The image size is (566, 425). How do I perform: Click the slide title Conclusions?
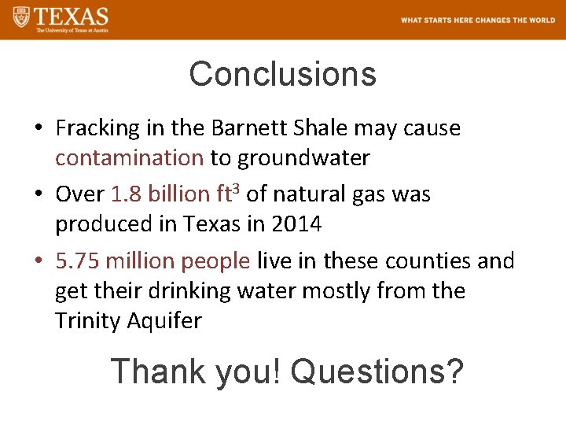(x=282, y=75)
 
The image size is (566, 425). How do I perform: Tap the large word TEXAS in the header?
(x=72, y=16)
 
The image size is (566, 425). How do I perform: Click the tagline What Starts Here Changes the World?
(x=477, y=20)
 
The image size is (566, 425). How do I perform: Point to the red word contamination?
(x=129, y=158)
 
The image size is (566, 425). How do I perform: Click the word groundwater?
(x=303, y=158)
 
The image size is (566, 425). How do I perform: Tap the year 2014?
(x=296, y=224)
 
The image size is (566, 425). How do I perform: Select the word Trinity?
(x=83, y=321)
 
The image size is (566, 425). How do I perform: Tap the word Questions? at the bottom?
(x=377, y=371)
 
